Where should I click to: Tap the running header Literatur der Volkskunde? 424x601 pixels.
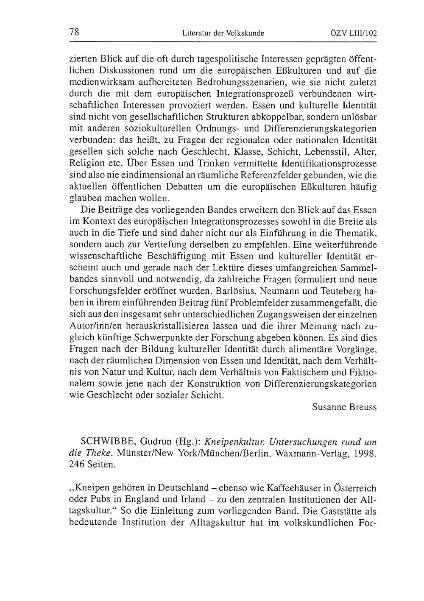(223, 33)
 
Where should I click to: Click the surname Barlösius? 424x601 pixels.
(234, 292)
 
